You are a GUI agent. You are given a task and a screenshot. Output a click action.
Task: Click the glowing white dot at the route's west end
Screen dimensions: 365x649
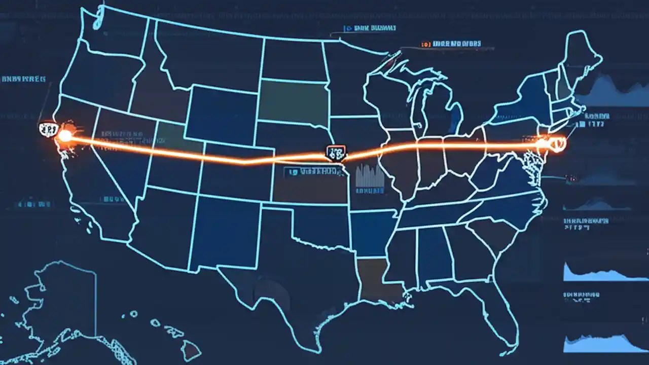click(x=65, y=135)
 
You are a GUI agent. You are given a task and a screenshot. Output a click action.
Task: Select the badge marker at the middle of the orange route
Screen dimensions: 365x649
click(x=336, y=152)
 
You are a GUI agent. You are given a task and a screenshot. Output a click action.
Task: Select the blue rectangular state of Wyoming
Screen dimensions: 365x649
click(x=221, y=115)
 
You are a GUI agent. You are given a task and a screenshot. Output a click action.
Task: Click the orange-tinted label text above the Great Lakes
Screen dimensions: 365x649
click(x=451, y=45)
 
